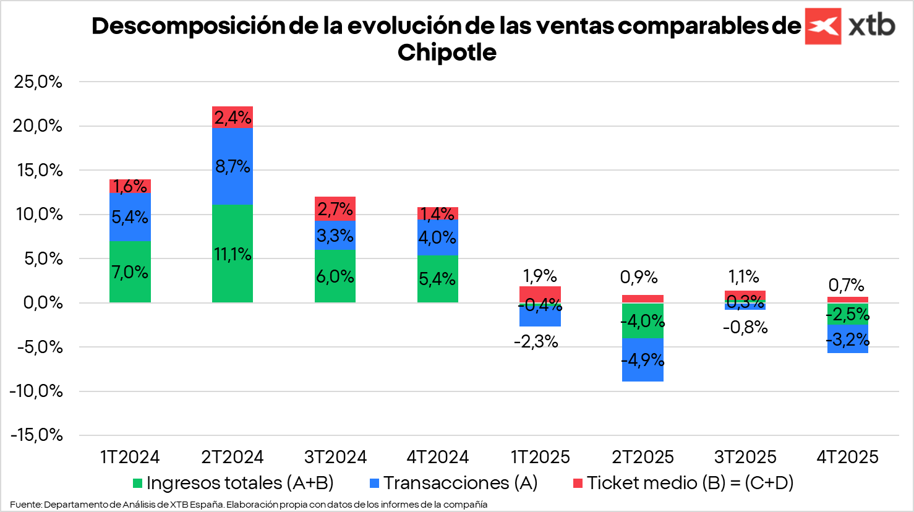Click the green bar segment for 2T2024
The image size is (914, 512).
pyautogui.click(x=233, y=254)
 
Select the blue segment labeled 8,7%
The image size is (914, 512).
pyautogui.click(x=233, y=166)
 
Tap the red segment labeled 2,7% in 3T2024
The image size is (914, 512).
pyautogui.click(x=335, y=209)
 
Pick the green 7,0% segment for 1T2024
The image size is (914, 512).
pyautogui.click(x=130, y=271)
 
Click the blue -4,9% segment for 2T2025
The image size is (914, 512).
pyautogui.click(x=643, y=360)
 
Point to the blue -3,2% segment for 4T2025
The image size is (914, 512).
pyautogui.click(x=847, y=339)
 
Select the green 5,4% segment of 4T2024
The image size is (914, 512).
pyautogui.click(x=437, y=279)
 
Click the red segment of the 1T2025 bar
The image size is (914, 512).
pyautogui.click(x=540, y=293)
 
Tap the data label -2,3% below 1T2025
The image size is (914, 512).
pyautogui.click(x=536, y=341)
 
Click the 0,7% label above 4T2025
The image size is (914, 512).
pyautogui.click(x=846, y=285)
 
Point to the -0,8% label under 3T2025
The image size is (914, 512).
pyautogui.click(x=745, y=327)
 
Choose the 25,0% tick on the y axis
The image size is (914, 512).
pyautogui.click(x=38, y=82)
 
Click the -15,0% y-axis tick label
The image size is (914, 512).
pyautogui.click(x=36, y=435)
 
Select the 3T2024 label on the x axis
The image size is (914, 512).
pyautogui.click(x=335, y=457)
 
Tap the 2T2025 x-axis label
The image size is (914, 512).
pyautogui.click(x=643, y=457)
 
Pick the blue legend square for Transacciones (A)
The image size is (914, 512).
pyautogui.click(x=374, y=483)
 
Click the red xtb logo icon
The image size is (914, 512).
pyautogui.click(x=822, y=26)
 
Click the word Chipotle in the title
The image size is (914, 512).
pyautogui.click(x=446, y=53)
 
